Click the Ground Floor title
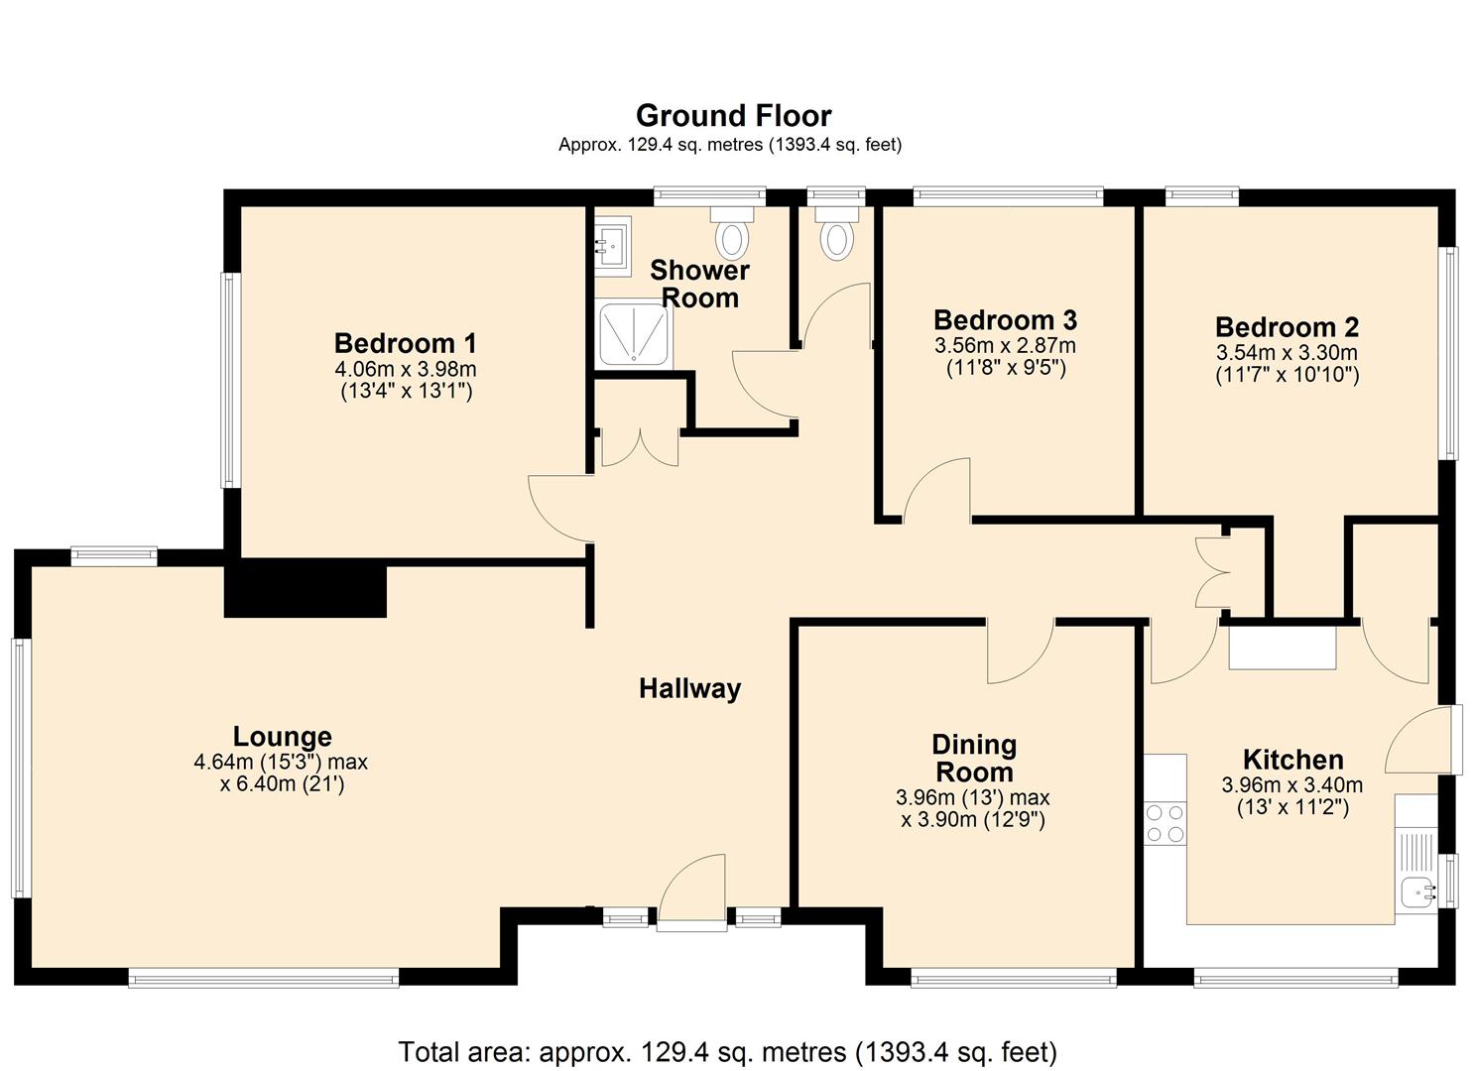[x=733, y=116]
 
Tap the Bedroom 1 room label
[x=405, y=344]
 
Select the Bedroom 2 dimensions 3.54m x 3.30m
[x=1287, y=353]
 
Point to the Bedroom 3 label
[x=1005, y=320]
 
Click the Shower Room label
[x=699, y=284]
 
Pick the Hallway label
[x=689, y=688]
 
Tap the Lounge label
[x=282, y=737]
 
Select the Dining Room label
[x=973, y=759]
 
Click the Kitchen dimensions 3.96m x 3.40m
[x=1291, y=785]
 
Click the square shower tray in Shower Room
[x=635, y=335]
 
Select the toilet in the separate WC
[x=837, y=235]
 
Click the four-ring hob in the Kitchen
[x=1166, y=823]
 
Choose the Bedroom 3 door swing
[x=937, y=491]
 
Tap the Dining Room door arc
[x=1020, y=651]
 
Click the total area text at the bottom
[x=727, y=1051]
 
